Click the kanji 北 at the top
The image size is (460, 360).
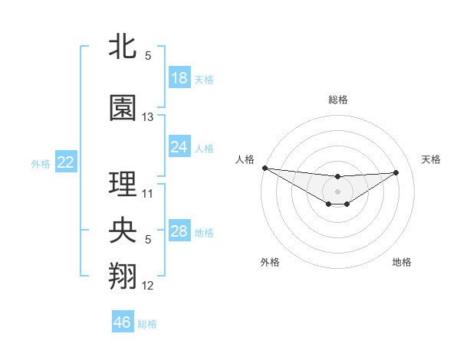[x=122, y=46]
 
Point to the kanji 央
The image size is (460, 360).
[x=123, y=231]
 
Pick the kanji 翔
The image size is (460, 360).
[x=123, y=277]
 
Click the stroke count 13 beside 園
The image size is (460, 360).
[x=148, y=117]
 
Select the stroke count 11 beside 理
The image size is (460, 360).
[x=148, y=193]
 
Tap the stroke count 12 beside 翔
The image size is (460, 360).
[x=148, y=286]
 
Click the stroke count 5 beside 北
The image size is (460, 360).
[x=148, y=56]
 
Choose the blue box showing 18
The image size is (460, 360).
[x=179, y=78]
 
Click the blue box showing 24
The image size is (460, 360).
[x=179, y=147]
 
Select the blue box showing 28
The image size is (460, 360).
[x=179, y=231]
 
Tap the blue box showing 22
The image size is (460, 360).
[x=65, y=162]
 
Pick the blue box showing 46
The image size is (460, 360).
[x=123, y=322]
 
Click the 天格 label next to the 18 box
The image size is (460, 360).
[x=204, y=79]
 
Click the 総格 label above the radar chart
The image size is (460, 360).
[x=338, y=100]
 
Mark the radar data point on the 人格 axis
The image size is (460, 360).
[x=264, y=168]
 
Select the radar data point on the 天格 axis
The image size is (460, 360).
[x=396, y=172]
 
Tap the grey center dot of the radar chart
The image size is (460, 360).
[x=337, y=190]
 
